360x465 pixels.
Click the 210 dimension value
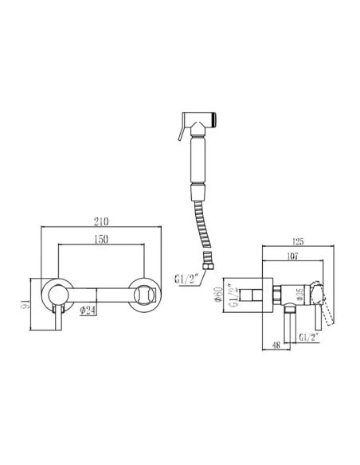[101, 221]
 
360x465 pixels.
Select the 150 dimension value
[101, 240]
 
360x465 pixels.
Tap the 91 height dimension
[25, 304]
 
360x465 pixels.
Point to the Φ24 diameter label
[88, 311]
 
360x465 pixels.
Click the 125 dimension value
[297, 242]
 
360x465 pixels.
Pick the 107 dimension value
[292, 256]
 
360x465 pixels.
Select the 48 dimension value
[276, 346]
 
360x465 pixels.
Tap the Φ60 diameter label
[219, 295]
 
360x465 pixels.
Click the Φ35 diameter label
[300, 295]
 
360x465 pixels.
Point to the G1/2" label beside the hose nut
[186, 279]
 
